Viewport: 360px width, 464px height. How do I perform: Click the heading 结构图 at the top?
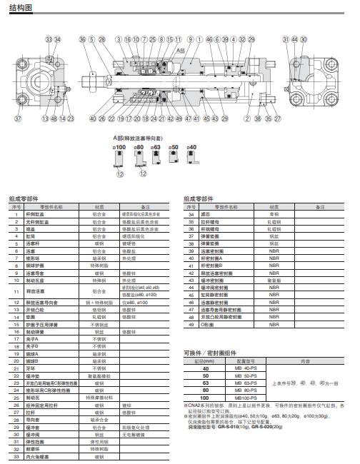21,9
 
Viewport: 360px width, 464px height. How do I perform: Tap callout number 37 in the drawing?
18,118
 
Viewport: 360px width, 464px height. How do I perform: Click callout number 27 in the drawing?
278,118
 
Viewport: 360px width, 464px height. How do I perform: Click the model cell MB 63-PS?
246,383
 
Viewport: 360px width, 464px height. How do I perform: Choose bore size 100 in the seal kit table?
206,397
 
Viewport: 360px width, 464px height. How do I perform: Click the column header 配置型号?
246,361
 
